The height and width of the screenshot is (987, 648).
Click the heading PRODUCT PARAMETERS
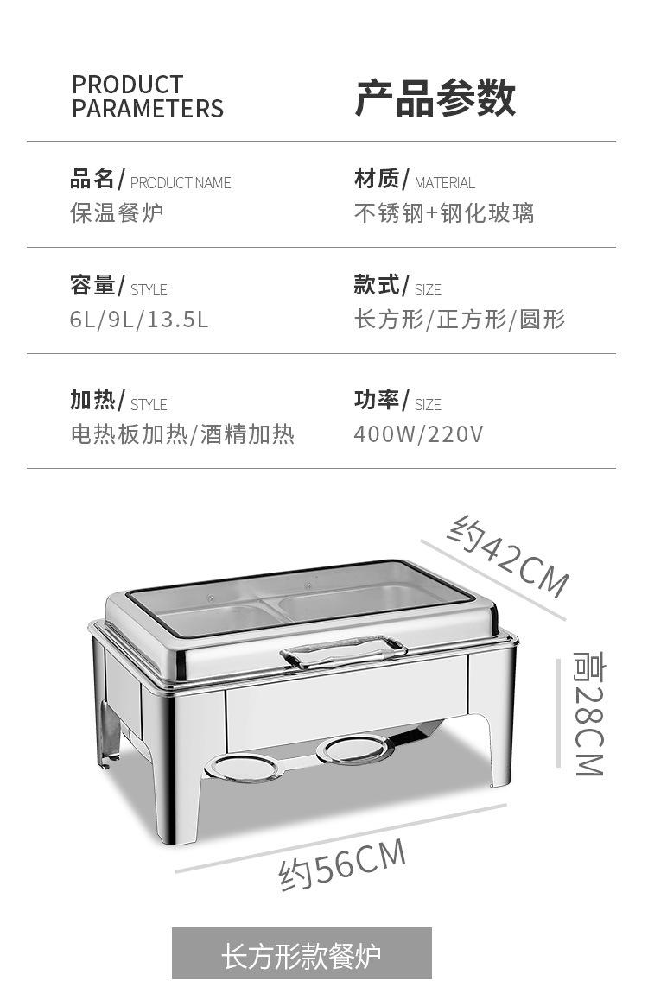click(x=147, y=97)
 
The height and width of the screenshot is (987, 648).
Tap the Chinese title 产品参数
click(x=435, y=98)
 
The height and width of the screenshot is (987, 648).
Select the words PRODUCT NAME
click(x=181, y=183)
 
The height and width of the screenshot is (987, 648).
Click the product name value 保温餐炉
click(x=117, y=212)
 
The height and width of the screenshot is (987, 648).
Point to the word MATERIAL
click(x=444, y=183)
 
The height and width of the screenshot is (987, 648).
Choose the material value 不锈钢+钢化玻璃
click(x=444, y=212)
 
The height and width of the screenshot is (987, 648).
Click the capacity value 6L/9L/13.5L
click(x=139, y=320)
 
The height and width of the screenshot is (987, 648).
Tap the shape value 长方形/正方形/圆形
click(x=459, y=320)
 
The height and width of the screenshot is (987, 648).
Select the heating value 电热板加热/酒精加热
click(x=182, y=433)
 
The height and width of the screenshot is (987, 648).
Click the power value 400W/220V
click(x=418, y=433)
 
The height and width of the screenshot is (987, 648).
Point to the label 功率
click(x=377, y=400)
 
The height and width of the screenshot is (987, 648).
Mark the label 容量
click(x=92, y=285)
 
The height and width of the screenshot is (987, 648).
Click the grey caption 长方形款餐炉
click(x=302, y=957)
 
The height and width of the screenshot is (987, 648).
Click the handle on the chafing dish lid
click(x=343, y=652)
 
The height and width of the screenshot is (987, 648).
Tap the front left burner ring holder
click(x=245, y=767)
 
